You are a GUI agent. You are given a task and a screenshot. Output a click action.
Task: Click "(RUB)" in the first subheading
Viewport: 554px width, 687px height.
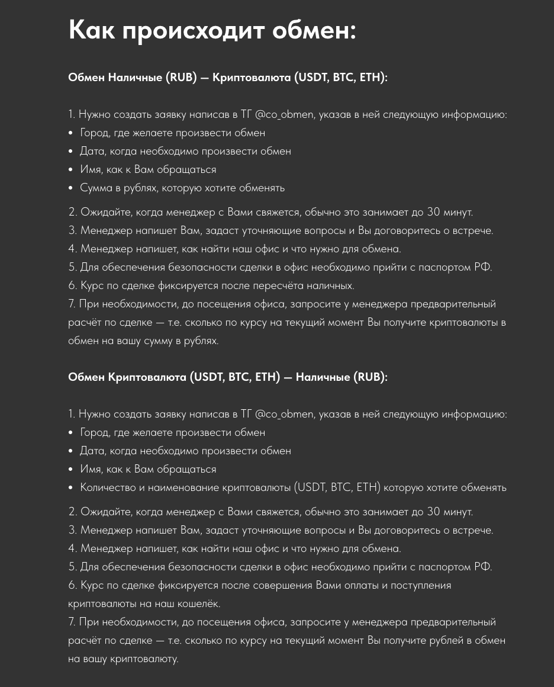(181, 78)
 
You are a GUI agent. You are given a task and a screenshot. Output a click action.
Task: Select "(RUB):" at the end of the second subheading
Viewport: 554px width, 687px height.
(371, 377)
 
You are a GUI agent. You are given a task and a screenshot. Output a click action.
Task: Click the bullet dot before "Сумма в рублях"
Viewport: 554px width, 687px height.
(71, 188)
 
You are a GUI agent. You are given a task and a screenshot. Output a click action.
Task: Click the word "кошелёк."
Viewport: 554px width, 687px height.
(193, 603)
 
